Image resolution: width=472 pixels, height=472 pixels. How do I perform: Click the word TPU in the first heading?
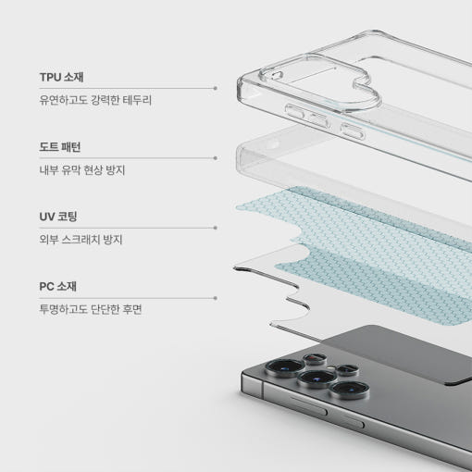[50, 77]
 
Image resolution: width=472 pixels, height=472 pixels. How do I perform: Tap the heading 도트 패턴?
[60, 147]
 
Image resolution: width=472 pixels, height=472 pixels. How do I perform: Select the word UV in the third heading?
[47, 217]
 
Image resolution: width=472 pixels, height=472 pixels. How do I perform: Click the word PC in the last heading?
[46, 287]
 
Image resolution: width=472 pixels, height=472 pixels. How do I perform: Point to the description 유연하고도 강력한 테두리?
[95, 100]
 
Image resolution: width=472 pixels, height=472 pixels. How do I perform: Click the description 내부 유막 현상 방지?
[82, 170]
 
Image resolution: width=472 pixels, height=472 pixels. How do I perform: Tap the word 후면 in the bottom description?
[132, 309]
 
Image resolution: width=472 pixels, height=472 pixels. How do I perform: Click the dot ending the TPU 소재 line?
[216, 88]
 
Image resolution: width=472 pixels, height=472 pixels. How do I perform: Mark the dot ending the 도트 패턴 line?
[216, 158]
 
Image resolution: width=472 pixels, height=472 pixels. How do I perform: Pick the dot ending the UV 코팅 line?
[216, 228]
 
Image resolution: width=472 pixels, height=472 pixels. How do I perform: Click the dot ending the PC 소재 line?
[216, 298]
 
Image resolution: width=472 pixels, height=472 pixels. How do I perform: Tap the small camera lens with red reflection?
[315, 359]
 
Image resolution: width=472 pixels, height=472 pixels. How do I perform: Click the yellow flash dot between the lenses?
[331, 368]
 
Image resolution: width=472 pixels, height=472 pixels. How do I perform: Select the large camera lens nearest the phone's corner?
[285, 367]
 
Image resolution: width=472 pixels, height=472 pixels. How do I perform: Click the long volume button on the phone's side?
[307, 405]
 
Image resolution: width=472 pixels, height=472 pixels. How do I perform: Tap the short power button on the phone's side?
[352, 421]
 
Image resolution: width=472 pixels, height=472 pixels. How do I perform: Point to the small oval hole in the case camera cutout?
[277, 76]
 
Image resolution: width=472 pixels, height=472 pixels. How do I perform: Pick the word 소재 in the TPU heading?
[74, 77]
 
